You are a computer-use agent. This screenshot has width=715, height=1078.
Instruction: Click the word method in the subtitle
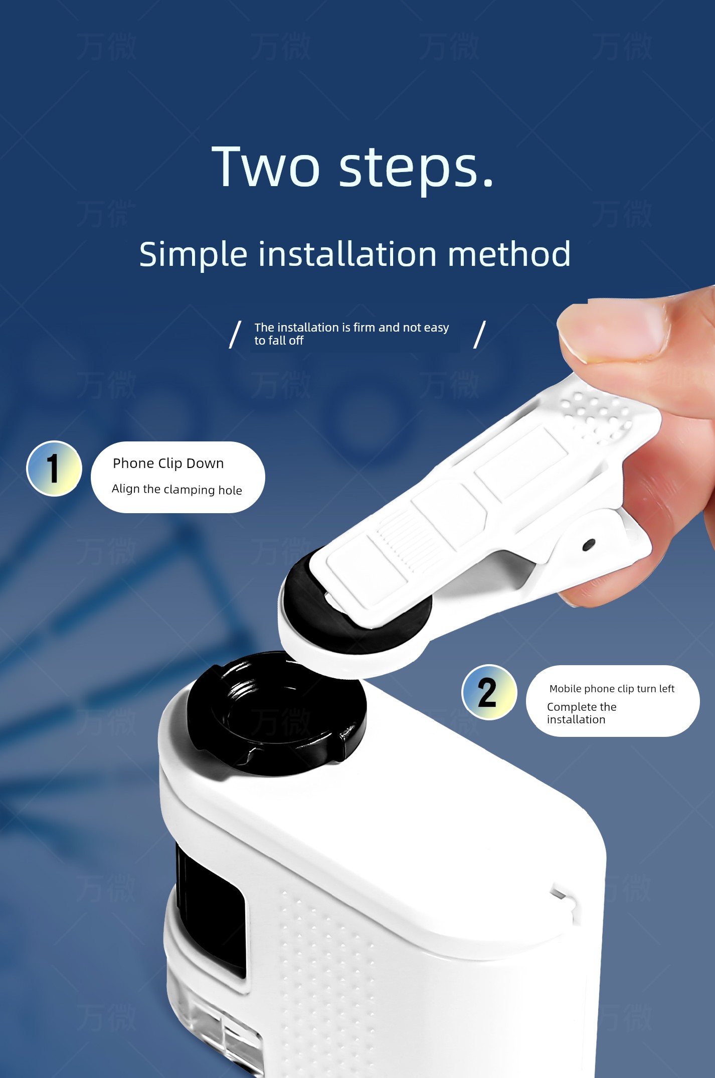(x=509, y=254)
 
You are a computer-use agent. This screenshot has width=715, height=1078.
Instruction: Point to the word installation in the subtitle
(x=347, y=254)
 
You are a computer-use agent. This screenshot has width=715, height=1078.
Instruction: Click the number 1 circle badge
(x=54, y=469)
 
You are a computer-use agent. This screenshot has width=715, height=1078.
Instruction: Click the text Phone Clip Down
(x=168, y=464)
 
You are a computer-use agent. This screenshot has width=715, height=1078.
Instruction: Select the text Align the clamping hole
(x=177, y=490)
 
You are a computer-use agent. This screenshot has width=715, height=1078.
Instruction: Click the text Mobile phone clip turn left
(x=612, y=689)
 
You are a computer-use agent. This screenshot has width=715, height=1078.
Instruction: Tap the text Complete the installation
(x=582, y=713)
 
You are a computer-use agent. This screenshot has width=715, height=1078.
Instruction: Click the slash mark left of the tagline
(x=235, y=335)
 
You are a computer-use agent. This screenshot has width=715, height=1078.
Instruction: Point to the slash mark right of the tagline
(x=480, y=335)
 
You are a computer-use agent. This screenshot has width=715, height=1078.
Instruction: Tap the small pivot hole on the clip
(x=589, y=545)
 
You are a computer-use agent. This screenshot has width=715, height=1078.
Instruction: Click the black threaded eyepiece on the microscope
(x=276, y=713)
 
